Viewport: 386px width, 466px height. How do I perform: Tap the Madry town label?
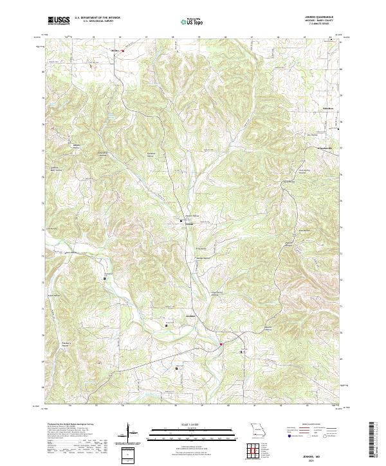116,48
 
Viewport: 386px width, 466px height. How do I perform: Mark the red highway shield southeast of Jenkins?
221,344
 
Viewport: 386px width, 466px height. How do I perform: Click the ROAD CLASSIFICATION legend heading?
303,425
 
